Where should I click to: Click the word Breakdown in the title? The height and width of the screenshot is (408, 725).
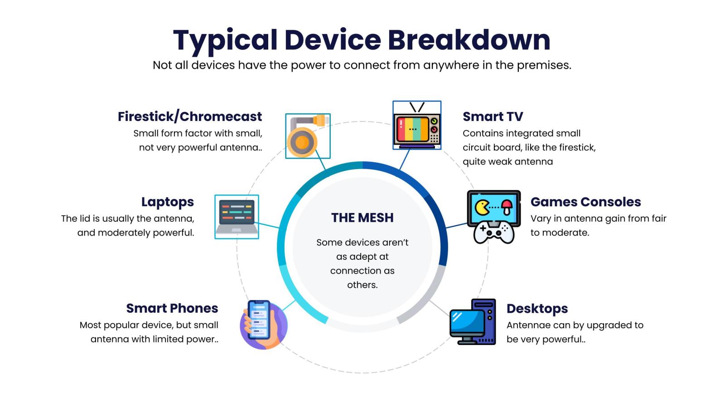[469, 40]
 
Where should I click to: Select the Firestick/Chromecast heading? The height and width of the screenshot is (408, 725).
[190, 117]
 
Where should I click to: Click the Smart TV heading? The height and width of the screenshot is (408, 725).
[493, 117]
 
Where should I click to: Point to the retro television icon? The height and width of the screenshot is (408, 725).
[416, 130]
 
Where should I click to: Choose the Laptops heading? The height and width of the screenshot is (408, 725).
[167, 202]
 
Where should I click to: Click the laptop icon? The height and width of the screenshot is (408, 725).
[237, 217]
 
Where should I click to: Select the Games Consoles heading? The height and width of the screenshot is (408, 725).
[585, 202]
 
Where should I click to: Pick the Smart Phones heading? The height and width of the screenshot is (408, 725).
[172, 308]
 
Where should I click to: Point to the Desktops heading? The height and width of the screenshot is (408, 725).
[537, 309]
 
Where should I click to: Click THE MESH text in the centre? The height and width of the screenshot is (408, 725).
[362, 218]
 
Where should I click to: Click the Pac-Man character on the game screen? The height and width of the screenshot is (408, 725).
[482, 208]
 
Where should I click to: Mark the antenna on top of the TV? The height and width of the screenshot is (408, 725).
[417, 107]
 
